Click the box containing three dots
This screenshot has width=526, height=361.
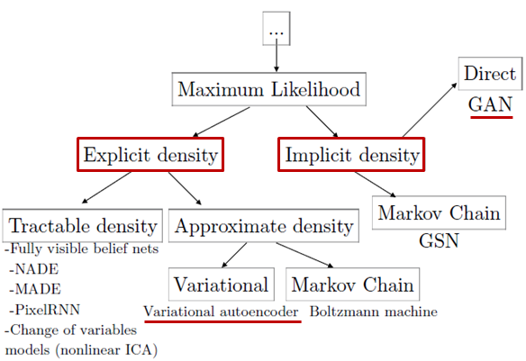pyautogui.click(x=277, y=29)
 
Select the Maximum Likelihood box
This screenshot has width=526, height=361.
pyautogui.click(x=268, y=89)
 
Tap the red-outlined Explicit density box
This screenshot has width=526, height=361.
pyautogui.click(x=150, y=155)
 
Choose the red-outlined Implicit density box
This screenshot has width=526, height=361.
pyautogui.click(x=351, y=155)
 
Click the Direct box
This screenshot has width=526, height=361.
pyautogui.click(x=490, y=74)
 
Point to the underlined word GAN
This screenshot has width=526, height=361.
pyautogui.click(x=491, y=104)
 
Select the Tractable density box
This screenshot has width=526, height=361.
pyautogui.click(x=83, y=226)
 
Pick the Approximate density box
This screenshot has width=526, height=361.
pyautogui.click(x=264, y=226)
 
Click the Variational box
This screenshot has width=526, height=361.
pyautogui.click(x=221, y=284)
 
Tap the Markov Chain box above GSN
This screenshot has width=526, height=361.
pyautogui.click(x=439, y=212)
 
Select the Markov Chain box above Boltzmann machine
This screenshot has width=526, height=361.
pyautogui.click(x=352, y=284)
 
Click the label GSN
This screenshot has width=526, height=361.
pyautogui.click(x=439, y=240)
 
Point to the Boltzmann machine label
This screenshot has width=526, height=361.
pyautogui.click(x=374, y=311)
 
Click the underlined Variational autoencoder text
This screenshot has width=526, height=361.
pyautogui.click(x=221, y=311)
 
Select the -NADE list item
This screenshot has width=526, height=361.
pyautogui.click(x=34, y=269)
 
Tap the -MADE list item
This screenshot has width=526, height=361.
pyautogui.click(x=35, y=289)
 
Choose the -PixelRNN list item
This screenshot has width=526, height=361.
pyautogui.click(x=45, y=310)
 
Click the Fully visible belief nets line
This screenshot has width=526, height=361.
pyautogui.click(x=82, y=248)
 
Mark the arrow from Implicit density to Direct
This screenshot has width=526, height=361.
pyautogui.click(x=430, y=110)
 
